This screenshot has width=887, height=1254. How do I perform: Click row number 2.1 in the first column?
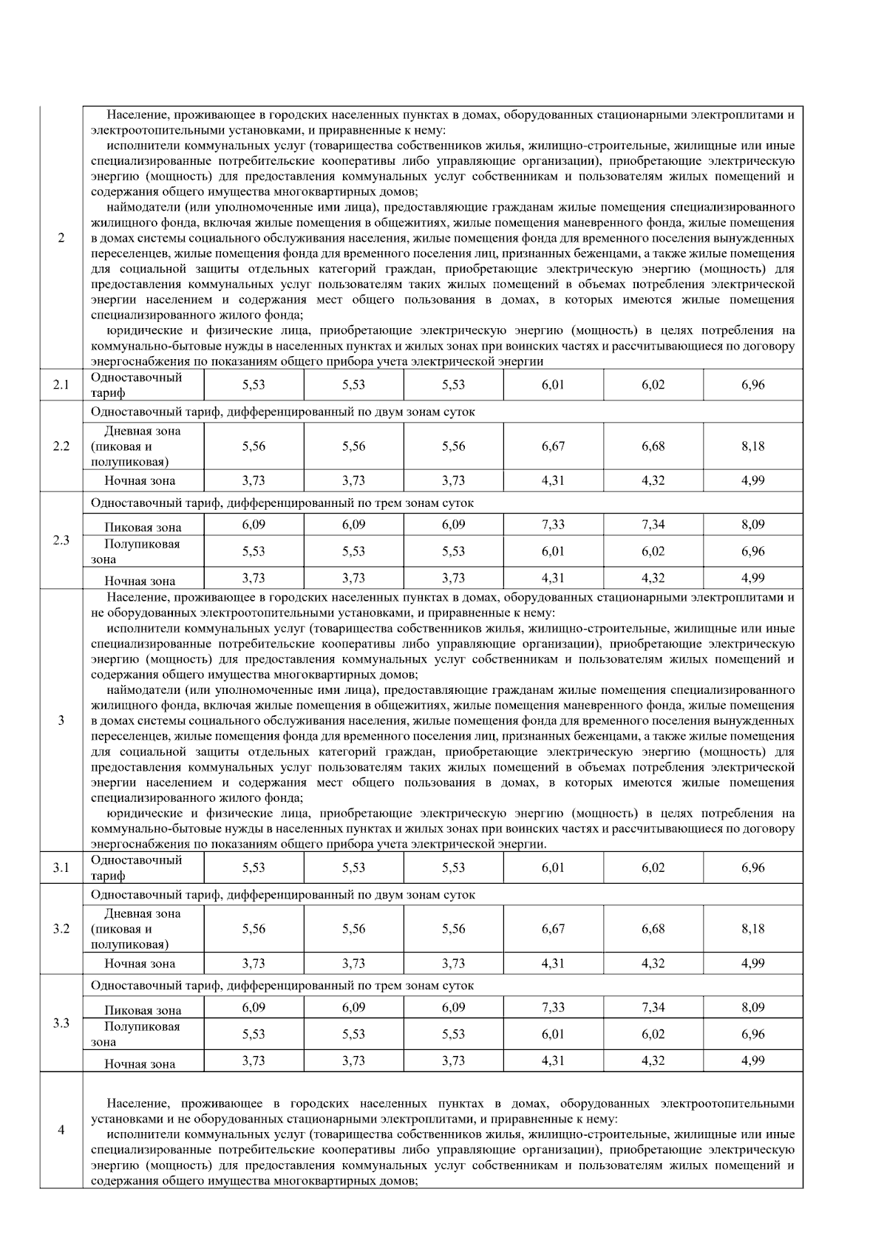click(61, 385)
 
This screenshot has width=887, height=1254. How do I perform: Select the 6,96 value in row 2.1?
click(752, 385)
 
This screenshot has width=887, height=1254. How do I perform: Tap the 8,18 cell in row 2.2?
click(752, 446)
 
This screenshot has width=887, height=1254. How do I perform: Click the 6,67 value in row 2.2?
click(553, 446)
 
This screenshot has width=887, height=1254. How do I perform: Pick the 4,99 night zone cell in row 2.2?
click(752, 480)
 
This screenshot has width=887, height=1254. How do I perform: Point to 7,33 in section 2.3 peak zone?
click(553, 525)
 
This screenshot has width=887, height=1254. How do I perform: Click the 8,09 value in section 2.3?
click(752, 525)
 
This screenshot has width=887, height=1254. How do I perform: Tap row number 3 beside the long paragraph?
click(61, 720)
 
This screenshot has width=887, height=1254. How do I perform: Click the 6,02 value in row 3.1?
click(653, 868)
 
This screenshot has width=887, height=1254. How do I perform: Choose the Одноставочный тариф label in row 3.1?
click(136, 868)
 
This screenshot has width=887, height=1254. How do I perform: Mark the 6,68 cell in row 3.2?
click(653, 929)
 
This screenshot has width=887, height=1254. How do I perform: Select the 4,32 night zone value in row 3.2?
click(653, 963)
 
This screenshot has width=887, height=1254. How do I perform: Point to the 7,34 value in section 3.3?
click(653, 1007)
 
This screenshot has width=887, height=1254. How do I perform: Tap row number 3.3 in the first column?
click(61, 1023)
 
